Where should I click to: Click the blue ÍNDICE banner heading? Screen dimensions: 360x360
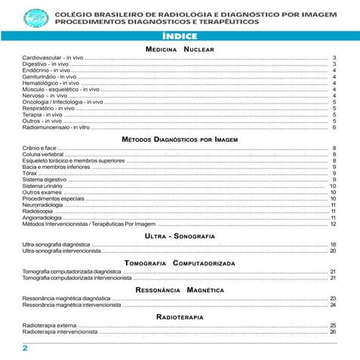coord(180,36)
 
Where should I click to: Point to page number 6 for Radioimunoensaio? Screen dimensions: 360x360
coord(334,128)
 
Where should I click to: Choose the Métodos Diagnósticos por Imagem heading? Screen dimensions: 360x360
coord(180,140)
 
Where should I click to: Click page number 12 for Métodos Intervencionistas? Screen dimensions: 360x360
coord(333,224)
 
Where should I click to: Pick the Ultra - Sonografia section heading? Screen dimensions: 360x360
coord(180,236)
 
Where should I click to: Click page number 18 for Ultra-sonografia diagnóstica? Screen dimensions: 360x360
coord(333,245)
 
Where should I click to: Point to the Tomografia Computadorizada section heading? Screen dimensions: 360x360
coord(180,262)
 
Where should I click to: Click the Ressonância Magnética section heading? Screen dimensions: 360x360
coord(180,290)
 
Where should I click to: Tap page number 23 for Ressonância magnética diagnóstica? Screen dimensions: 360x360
coord(333,299)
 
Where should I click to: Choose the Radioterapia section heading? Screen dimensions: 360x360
coord(180,317)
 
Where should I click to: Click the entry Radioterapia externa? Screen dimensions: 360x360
coord(50,325)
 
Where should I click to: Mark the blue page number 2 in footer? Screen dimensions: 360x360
coord(25,348)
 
